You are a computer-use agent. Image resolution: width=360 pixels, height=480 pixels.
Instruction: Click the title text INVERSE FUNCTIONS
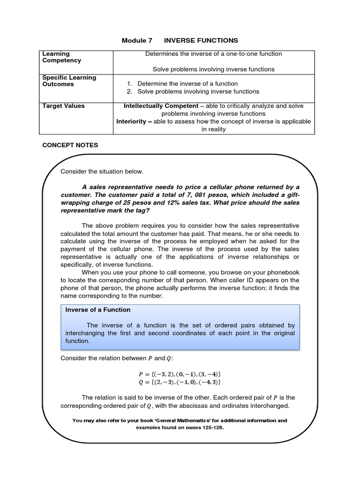[201, 41]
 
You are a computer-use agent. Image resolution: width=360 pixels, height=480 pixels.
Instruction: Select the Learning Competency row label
[61, 57]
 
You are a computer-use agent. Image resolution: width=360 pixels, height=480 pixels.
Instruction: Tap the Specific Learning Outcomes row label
[69, 81]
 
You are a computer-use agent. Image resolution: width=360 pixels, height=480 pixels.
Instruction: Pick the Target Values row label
[63, 106]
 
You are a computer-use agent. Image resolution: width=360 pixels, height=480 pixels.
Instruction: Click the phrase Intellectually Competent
[161, 106]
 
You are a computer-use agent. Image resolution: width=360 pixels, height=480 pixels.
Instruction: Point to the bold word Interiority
[134, 121]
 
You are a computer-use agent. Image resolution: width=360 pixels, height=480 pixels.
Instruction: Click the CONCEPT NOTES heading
[70, 145]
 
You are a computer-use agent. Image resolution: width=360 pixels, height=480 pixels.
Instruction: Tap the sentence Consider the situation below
[102, 172]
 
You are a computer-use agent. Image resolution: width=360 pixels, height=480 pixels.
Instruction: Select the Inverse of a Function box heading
[98, 310]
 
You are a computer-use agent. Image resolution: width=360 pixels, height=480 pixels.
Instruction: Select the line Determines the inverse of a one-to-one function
[213, 53]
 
